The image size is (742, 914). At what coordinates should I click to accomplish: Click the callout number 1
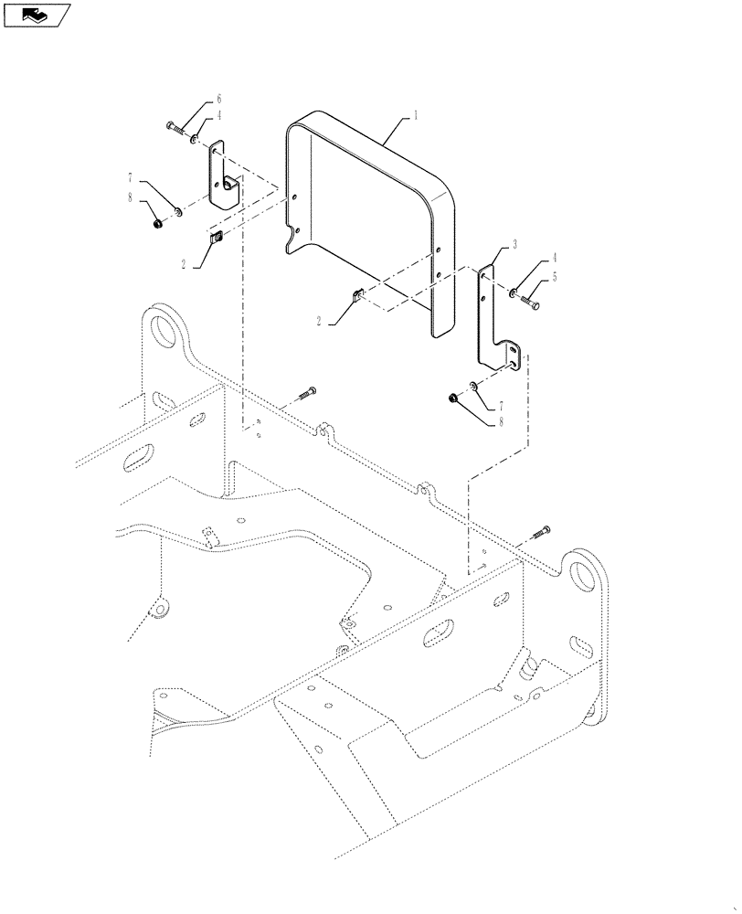(416, 116)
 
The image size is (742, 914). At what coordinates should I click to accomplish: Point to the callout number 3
(514, 245)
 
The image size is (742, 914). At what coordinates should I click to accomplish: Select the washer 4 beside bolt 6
(194, 138)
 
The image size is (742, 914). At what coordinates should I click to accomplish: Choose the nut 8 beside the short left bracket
(158, 221)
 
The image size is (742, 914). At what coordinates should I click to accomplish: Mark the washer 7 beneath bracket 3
(472, 386)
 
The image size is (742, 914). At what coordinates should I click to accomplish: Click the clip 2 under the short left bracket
(218, 239)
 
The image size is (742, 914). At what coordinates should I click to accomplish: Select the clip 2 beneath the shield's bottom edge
(357, 294)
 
